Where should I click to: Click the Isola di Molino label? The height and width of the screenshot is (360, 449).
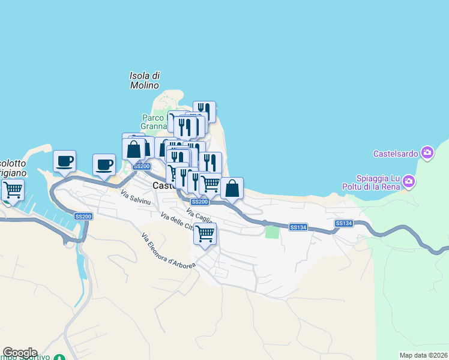coord(145,80)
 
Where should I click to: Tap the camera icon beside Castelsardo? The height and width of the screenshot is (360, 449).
coord(427,153)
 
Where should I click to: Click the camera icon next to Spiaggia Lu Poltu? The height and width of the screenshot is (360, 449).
coord(409,181)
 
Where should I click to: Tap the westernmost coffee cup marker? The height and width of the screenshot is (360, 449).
coord(64,161)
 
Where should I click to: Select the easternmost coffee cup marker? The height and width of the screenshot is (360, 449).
coord(104,164)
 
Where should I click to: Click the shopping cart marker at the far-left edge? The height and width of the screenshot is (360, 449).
coord(12,190)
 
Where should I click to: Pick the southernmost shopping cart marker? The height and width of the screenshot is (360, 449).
coord(205,233)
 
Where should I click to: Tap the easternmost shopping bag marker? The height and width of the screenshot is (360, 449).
coord(232,188)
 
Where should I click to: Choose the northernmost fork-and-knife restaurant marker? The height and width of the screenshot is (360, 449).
coord(204,111)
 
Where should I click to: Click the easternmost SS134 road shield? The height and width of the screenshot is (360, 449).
coord(344,223)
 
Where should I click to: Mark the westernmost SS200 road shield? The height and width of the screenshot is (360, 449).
coord(83,216)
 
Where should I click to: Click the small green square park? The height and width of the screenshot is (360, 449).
coord(273,232)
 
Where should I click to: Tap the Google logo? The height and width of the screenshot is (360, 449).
coord(20,353)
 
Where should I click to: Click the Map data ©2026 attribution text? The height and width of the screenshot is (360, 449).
coord(423,355)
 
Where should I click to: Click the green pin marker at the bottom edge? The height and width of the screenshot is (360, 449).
coord(59,357)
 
